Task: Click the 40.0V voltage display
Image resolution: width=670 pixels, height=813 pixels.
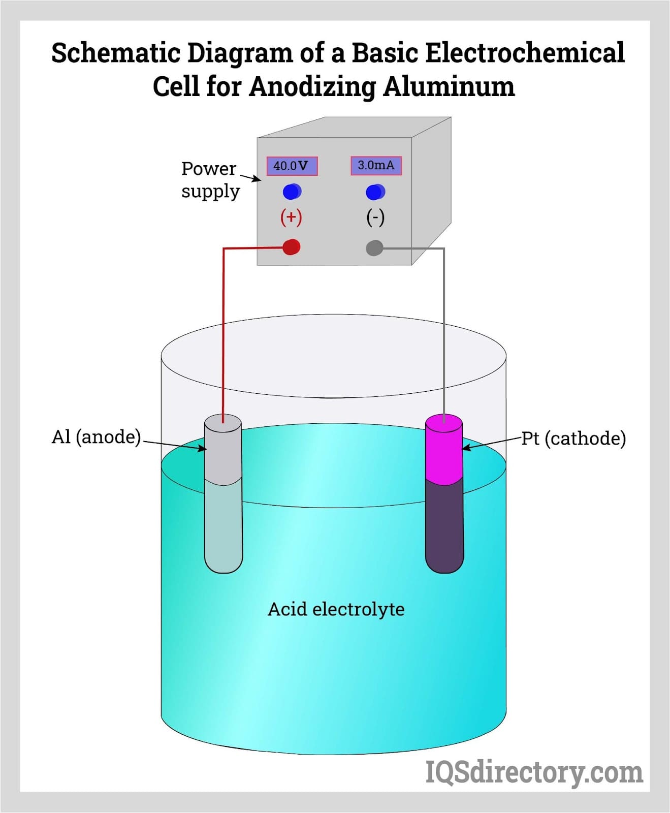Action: (x=292, y=166)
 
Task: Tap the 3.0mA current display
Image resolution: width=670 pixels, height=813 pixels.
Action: (x=376, y=165)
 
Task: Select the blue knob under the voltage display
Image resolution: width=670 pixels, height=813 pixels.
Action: (x=292, y=192)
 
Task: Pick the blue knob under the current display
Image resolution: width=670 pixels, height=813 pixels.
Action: (x=375, y=192)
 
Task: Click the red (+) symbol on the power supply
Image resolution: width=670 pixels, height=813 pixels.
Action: (x=291, y=217)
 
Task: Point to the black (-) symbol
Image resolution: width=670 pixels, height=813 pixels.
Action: (x=375, y=217)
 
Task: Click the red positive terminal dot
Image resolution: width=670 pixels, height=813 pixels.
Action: (x=291, y=247)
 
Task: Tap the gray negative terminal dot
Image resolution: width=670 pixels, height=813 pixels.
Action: (x=374, y=248)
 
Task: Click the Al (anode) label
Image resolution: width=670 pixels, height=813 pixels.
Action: (x=96, y=437)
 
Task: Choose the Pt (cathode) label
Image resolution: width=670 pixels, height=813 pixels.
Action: (x=573, y=439)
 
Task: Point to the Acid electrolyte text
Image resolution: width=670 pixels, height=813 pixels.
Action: (x=336, y=609)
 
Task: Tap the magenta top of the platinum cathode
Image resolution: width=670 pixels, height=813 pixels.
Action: (x=444, y=450)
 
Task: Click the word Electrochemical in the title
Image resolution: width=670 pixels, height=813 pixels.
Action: (x=524, y=53)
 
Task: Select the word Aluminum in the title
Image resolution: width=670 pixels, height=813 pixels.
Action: (x=449, y=86)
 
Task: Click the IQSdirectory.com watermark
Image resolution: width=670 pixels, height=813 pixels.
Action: (x=534, y=772)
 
